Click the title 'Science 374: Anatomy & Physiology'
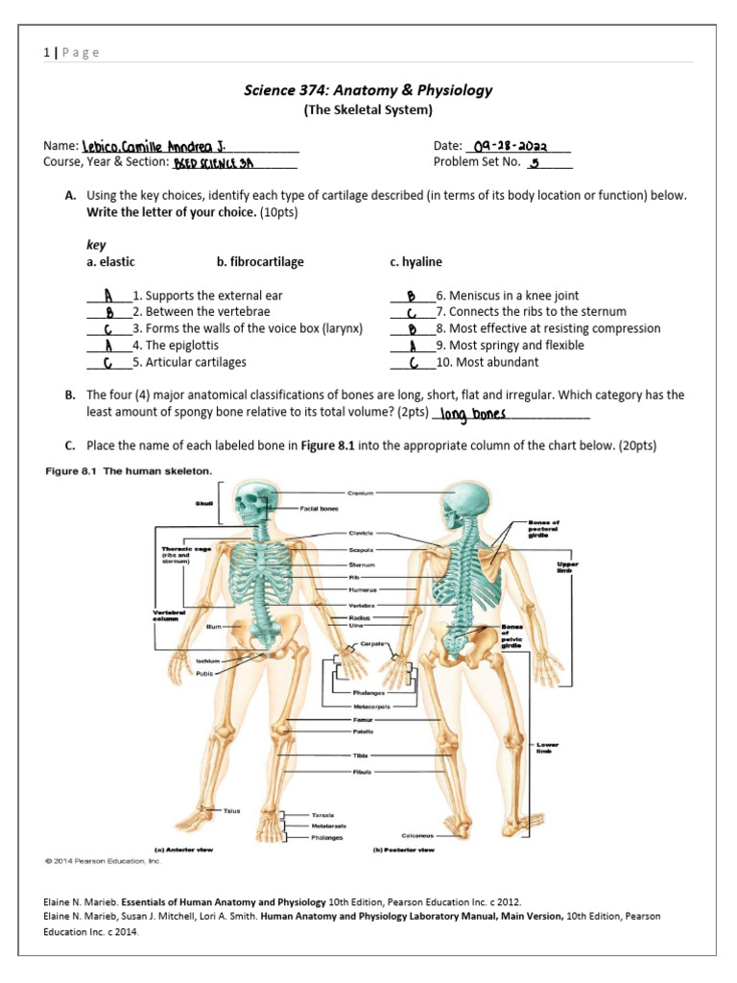point(369,90)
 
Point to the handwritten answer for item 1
point(109,296)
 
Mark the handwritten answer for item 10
point(412,362)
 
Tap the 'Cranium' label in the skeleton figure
point(360,493)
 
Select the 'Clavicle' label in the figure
point(361,533)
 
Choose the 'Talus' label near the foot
point(231,811)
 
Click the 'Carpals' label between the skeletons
point(373,643)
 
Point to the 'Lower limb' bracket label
point(547,747)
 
